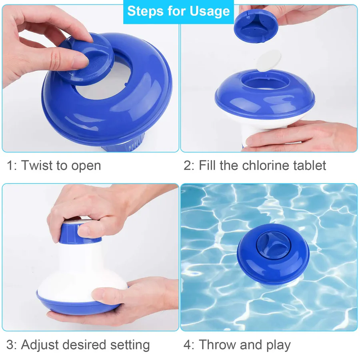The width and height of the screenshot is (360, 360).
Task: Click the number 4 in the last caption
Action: point(187,345)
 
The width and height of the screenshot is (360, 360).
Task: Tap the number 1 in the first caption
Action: point(10,165)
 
